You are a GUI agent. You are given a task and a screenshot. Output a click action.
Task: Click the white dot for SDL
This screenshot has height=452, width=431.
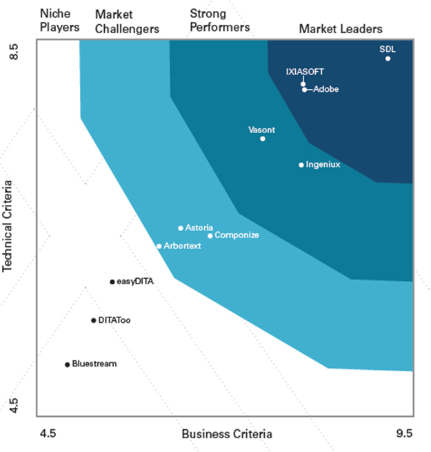tap(388, 59)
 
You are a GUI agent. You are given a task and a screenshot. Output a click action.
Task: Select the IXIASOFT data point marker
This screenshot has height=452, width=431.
tap(303, 83)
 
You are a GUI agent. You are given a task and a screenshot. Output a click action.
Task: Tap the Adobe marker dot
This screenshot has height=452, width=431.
tap(304, 89)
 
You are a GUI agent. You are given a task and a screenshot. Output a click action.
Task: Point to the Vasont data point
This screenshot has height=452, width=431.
tap(263, 139)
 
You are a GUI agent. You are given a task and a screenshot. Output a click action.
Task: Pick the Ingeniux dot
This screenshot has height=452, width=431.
tap(301, 165)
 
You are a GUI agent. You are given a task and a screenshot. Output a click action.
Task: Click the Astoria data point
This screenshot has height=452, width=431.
tap(181, 228)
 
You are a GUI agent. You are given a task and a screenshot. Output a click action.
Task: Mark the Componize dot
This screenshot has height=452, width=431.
tap(210, 235)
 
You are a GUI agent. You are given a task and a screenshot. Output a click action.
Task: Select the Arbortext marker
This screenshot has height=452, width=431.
tap(159, 246)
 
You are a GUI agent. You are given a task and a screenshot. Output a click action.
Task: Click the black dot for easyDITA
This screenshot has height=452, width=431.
tap(112, 282)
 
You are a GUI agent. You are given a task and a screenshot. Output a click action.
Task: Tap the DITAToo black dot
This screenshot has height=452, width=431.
tap(93, 320)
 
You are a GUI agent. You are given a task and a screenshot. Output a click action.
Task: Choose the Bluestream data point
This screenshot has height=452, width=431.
tap(67, 364)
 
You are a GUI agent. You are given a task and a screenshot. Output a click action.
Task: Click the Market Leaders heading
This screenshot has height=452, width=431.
tap(341, 29)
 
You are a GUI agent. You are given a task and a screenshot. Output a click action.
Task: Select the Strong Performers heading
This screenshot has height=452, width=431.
tap(219, 21)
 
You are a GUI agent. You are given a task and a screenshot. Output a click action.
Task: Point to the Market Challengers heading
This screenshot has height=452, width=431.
tap(127, 21)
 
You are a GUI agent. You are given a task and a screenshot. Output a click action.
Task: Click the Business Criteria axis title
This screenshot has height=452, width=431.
tap(226, 434)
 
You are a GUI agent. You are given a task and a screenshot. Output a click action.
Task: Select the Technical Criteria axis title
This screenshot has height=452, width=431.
tap(10, 227)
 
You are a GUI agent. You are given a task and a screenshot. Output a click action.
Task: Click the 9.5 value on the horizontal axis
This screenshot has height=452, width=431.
tap(403, 434)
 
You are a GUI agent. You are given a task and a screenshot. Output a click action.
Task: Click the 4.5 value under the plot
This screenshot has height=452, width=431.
tap(47, 434)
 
